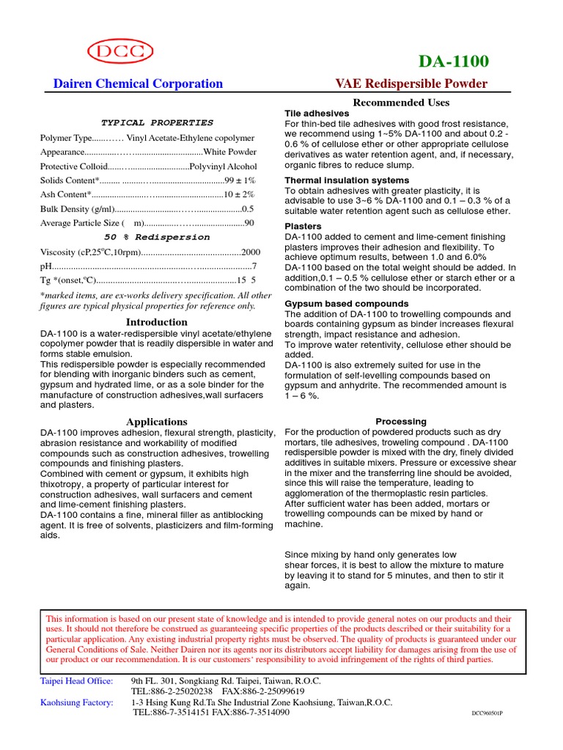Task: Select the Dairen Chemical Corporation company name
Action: [x=138, y=83]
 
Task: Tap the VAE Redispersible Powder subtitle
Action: [x=411, y=83]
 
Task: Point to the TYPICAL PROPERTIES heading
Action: [x=157, y=123]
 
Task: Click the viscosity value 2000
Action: [x=251, y=252]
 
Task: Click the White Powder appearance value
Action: [x=229, y=152]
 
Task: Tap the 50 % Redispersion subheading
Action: [x=157, y=237]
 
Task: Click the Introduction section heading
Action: [x=157, y=322]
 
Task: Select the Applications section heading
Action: [x=157, y=422]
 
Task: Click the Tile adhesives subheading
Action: [x=317, y=114]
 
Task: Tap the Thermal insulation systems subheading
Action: [x=347, y=180]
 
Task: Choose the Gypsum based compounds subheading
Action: [x=347, y=303]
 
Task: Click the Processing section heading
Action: [x=401, y=422]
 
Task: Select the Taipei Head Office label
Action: [x=76, y=681]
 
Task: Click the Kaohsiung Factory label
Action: [x=76, y=702]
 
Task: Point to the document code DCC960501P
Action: [x=492, y=713]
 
